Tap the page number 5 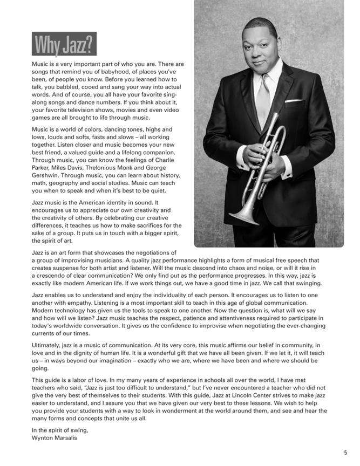pos(345,453)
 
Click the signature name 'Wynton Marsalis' pos(55,437)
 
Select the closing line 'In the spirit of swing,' pos(60,430)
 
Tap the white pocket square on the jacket pos(294,100)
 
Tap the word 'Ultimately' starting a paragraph pos(48,345)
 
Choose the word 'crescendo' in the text pos(52,276)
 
